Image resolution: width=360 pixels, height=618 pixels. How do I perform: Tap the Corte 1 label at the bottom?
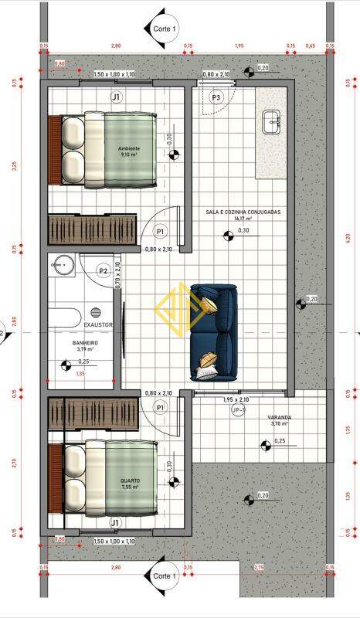163,576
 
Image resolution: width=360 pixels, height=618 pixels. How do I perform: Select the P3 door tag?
216,97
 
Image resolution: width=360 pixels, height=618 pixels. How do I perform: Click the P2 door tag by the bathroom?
103,270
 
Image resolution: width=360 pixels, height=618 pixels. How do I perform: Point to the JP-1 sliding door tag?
239,409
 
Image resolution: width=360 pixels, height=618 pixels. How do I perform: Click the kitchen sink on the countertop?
271,120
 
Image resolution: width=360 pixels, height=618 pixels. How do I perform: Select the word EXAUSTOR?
97,325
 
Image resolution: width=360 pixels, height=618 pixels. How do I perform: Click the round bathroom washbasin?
62,267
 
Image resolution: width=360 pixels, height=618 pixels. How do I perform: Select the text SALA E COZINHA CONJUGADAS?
243,212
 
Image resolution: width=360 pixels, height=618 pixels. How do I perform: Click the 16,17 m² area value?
243,219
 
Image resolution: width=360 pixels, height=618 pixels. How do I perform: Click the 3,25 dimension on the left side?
14,165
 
